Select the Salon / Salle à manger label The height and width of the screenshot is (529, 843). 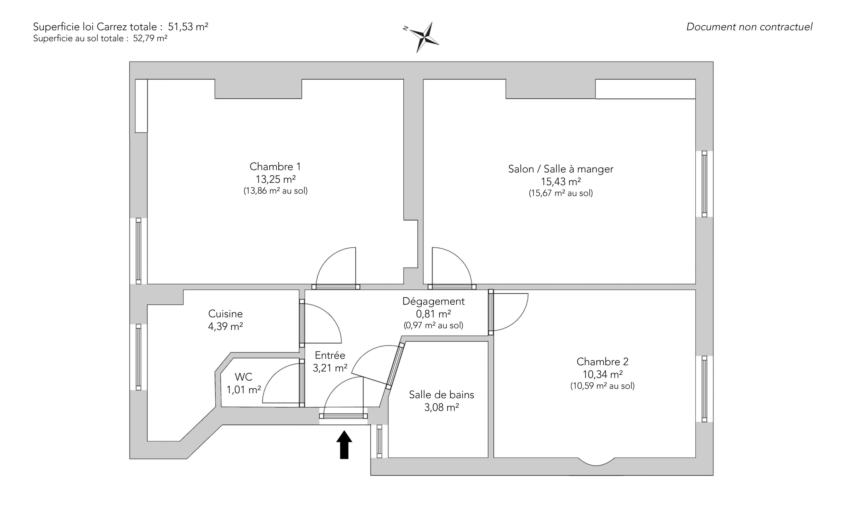560,169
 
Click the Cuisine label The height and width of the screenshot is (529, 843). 225,314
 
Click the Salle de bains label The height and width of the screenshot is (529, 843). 441,395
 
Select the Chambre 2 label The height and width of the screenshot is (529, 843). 602,361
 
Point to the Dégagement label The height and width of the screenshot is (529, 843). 433,301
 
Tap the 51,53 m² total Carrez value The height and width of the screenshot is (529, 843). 188,27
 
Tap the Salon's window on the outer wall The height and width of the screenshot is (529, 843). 704,184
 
